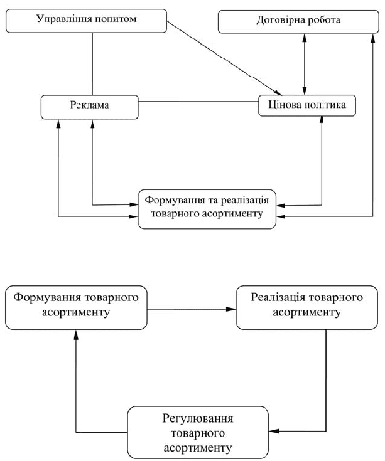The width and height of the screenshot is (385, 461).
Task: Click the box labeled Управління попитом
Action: pos(87,21)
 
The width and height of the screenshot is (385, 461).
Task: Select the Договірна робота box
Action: pos(298,21)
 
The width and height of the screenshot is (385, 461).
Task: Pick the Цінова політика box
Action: pos(307,105)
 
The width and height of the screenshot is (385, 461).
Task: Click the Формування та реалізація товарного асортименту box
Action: pos(207,207)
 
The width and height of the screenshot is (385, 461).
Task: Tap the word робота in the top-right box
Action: pos(320,21)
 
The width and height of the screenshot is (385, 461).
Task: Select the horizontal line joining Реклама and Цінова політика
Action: pos(198,100)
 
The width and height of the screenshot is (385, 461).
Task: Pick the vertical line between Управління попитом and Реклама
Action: pos(93,63)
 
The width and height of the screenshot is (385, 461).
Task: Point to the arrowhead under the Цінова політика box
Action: pos(322,121)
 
